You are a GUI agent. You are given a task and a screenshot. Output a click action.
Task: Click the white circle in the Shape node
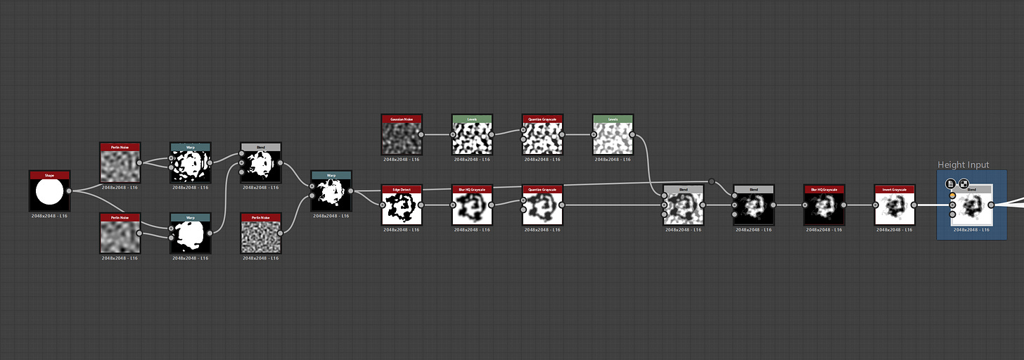coord(49,194)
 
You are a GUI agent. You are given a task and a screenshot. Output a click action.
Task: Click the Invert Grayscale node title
coord(894,188)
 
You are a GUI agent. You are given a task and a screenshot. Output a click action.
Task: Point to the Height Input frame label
coord(963,165)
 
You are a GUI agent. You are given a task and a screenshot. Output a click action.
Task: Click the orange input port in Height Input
coord(952,195)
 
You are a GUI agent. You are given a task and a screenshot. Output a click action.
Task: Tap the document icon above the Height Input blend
coord(950,184)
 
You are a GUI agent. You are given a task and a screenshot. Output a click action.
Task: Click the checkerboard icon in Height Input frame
coord(964,184)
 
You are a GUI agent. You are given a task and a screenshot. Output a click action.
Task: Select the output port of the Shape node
coord(69,191)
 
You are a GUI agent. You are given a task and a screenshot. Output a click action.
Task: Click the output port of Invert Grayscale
coord(914,205)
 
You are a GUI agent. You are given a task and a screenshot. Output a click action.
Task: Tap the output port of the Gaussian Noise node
coord(421,134)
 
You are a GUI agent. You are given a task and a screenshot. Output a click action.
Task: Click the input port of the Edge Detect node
coord(383,205)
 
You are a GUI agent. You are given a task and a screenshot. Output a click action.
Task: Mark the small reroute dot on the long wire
coord(712,181)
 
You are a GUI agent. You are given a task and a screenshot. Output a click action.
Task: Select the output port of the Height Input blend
coord(991,205)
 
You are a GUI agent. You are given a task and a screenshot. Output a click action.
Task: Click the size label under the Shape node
coord(49,216)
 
